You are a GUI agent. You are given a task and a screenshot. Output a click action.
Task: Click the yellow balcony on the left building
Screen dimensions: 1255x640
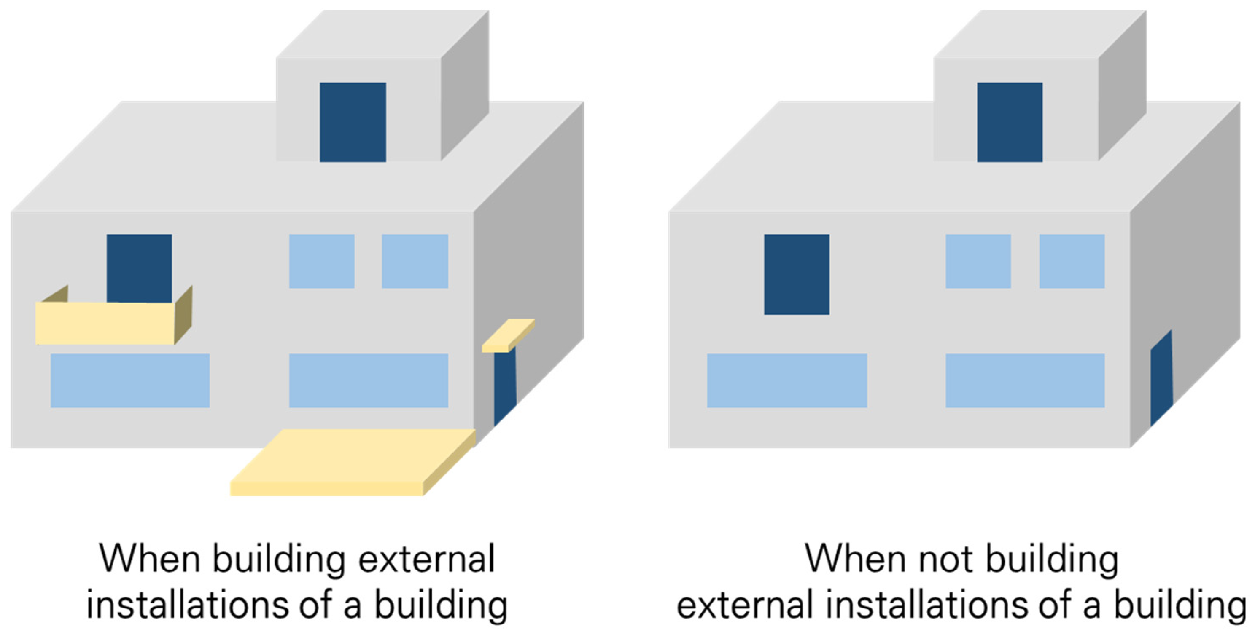point(105,323)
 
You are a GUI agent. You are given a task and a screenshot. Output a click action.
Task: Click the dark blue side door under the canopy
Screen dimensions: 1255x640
point(504,385)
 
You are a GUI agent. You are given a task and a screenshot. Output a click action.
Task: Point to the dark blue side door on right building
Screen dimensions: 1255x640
point(1161,380)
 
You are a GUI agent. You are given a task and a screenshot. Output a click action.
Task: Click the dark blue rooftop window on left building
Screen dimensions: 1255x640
point(353,122)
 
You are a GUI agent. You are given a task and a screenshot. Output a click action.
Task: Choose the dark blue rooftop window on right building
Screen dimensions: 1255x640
point(1010,122)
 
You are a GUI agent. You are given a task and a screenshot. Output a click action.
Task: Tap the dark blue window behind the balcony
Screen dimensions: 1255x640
point(139,268)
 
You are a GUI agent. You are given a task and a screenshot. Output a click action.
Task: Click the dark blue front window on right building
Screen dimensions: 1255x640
point(797,274)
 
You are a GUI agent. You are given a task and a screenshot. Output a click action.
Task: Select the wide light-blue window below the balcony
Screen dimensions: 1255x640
point(130,380)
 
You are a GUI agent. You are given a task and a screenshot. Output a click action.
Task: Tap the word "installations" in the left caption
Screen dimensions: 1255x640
point(188,604)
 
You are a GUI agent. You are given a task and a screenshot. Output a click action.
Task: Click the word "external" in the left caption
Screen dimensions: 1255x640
point(426,558)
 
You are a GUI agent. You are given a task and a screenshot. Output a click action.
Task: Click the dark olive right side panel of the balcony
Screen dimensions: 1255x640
point(183,315)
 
